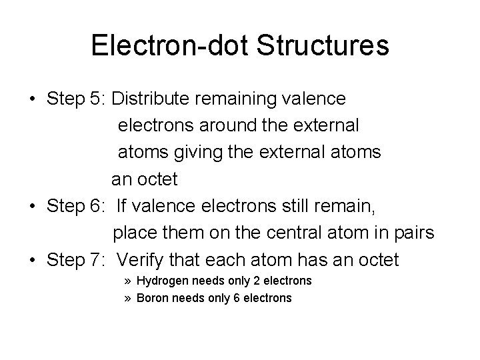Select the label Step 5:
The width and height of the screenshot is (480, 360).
click(x=77, y=99)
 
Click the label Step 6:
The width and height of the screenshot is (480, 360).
click(x=77, y=206)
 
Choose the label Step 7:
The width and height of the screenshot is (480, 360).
click(x=77, y=260)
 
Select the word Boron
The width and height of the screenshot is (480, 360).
click(x=152, y=298)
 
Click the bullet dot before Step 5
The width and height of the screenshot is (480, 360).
click(x=33, y=99)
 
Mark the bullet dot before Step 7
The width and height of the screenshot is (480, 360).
click(x=33, y=261)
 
